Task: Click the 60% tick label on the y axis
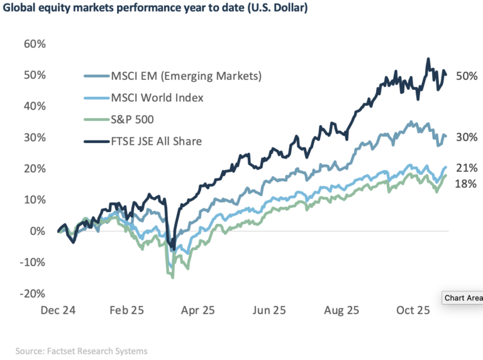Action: tap(35, 44)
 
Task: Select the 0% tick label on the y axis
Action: tap(38, 231)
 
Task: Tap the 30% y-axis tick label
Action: tap(35, 138)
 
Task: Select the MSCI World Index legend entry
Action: tap(158, 98)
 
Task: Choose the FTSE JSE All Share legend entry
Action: tap(157, 141)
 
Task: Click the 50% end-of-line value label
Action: tap(465, 75)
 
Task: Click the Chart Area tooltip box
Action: tap(464, 298)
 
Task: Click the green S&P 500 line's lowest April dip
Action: tap(173, 277)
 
